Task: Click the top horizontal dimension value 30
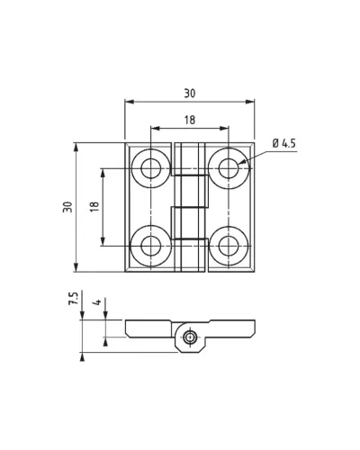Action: pos(190,94)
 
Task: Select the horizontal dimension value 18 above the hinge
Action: pos(190,120)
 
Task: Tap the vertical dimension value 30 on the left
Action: pos(67,207)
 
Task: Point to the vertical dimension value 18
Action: pos(94,207)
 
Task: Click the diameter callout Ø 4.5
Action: pos(283,143)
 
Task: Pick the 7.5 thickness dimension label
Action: pos(73,299)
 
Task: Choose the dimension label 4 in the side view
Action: pos(97,302)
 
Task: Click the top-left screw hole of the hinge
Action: pos(151,168)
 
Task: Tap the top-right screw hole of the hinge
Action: pos(229,168)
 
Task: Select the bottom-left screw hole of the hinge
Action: pos(151,246)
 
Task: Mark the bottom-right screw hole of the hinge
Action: pos(229,246)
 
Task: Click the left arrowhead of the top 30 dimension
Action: pos(130,102)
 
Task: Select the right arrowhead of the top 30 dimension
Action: pos(250,102)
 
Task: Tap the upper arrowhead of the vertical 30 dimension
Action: pos(76,148)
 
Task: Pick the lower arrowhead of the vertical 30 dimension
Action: pos(76,267)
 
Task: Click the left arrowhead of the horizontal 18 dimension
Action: pos(156,129)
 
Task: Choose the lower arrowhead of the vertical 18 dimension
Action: pos(103,241)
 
